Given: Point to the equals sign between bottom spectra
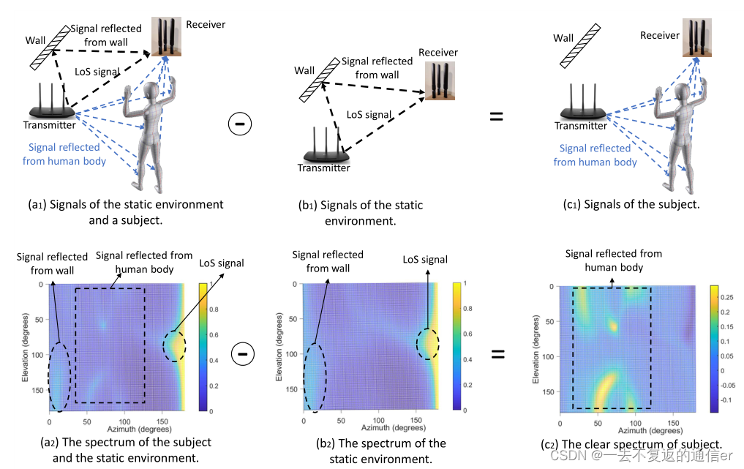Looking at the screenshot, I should point(497,355).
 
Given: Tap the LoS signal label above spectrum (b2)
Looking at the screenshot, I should point(424,260).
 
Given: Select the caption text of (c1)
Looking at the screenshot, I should point(628,204).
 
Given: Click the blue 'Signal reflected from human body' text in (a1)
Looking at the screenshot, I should point(64,154).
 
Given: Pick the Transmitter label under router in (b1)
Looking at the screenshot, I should point(323,168).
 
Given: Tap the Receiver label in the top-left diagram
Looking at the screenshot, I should point(206,24).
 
